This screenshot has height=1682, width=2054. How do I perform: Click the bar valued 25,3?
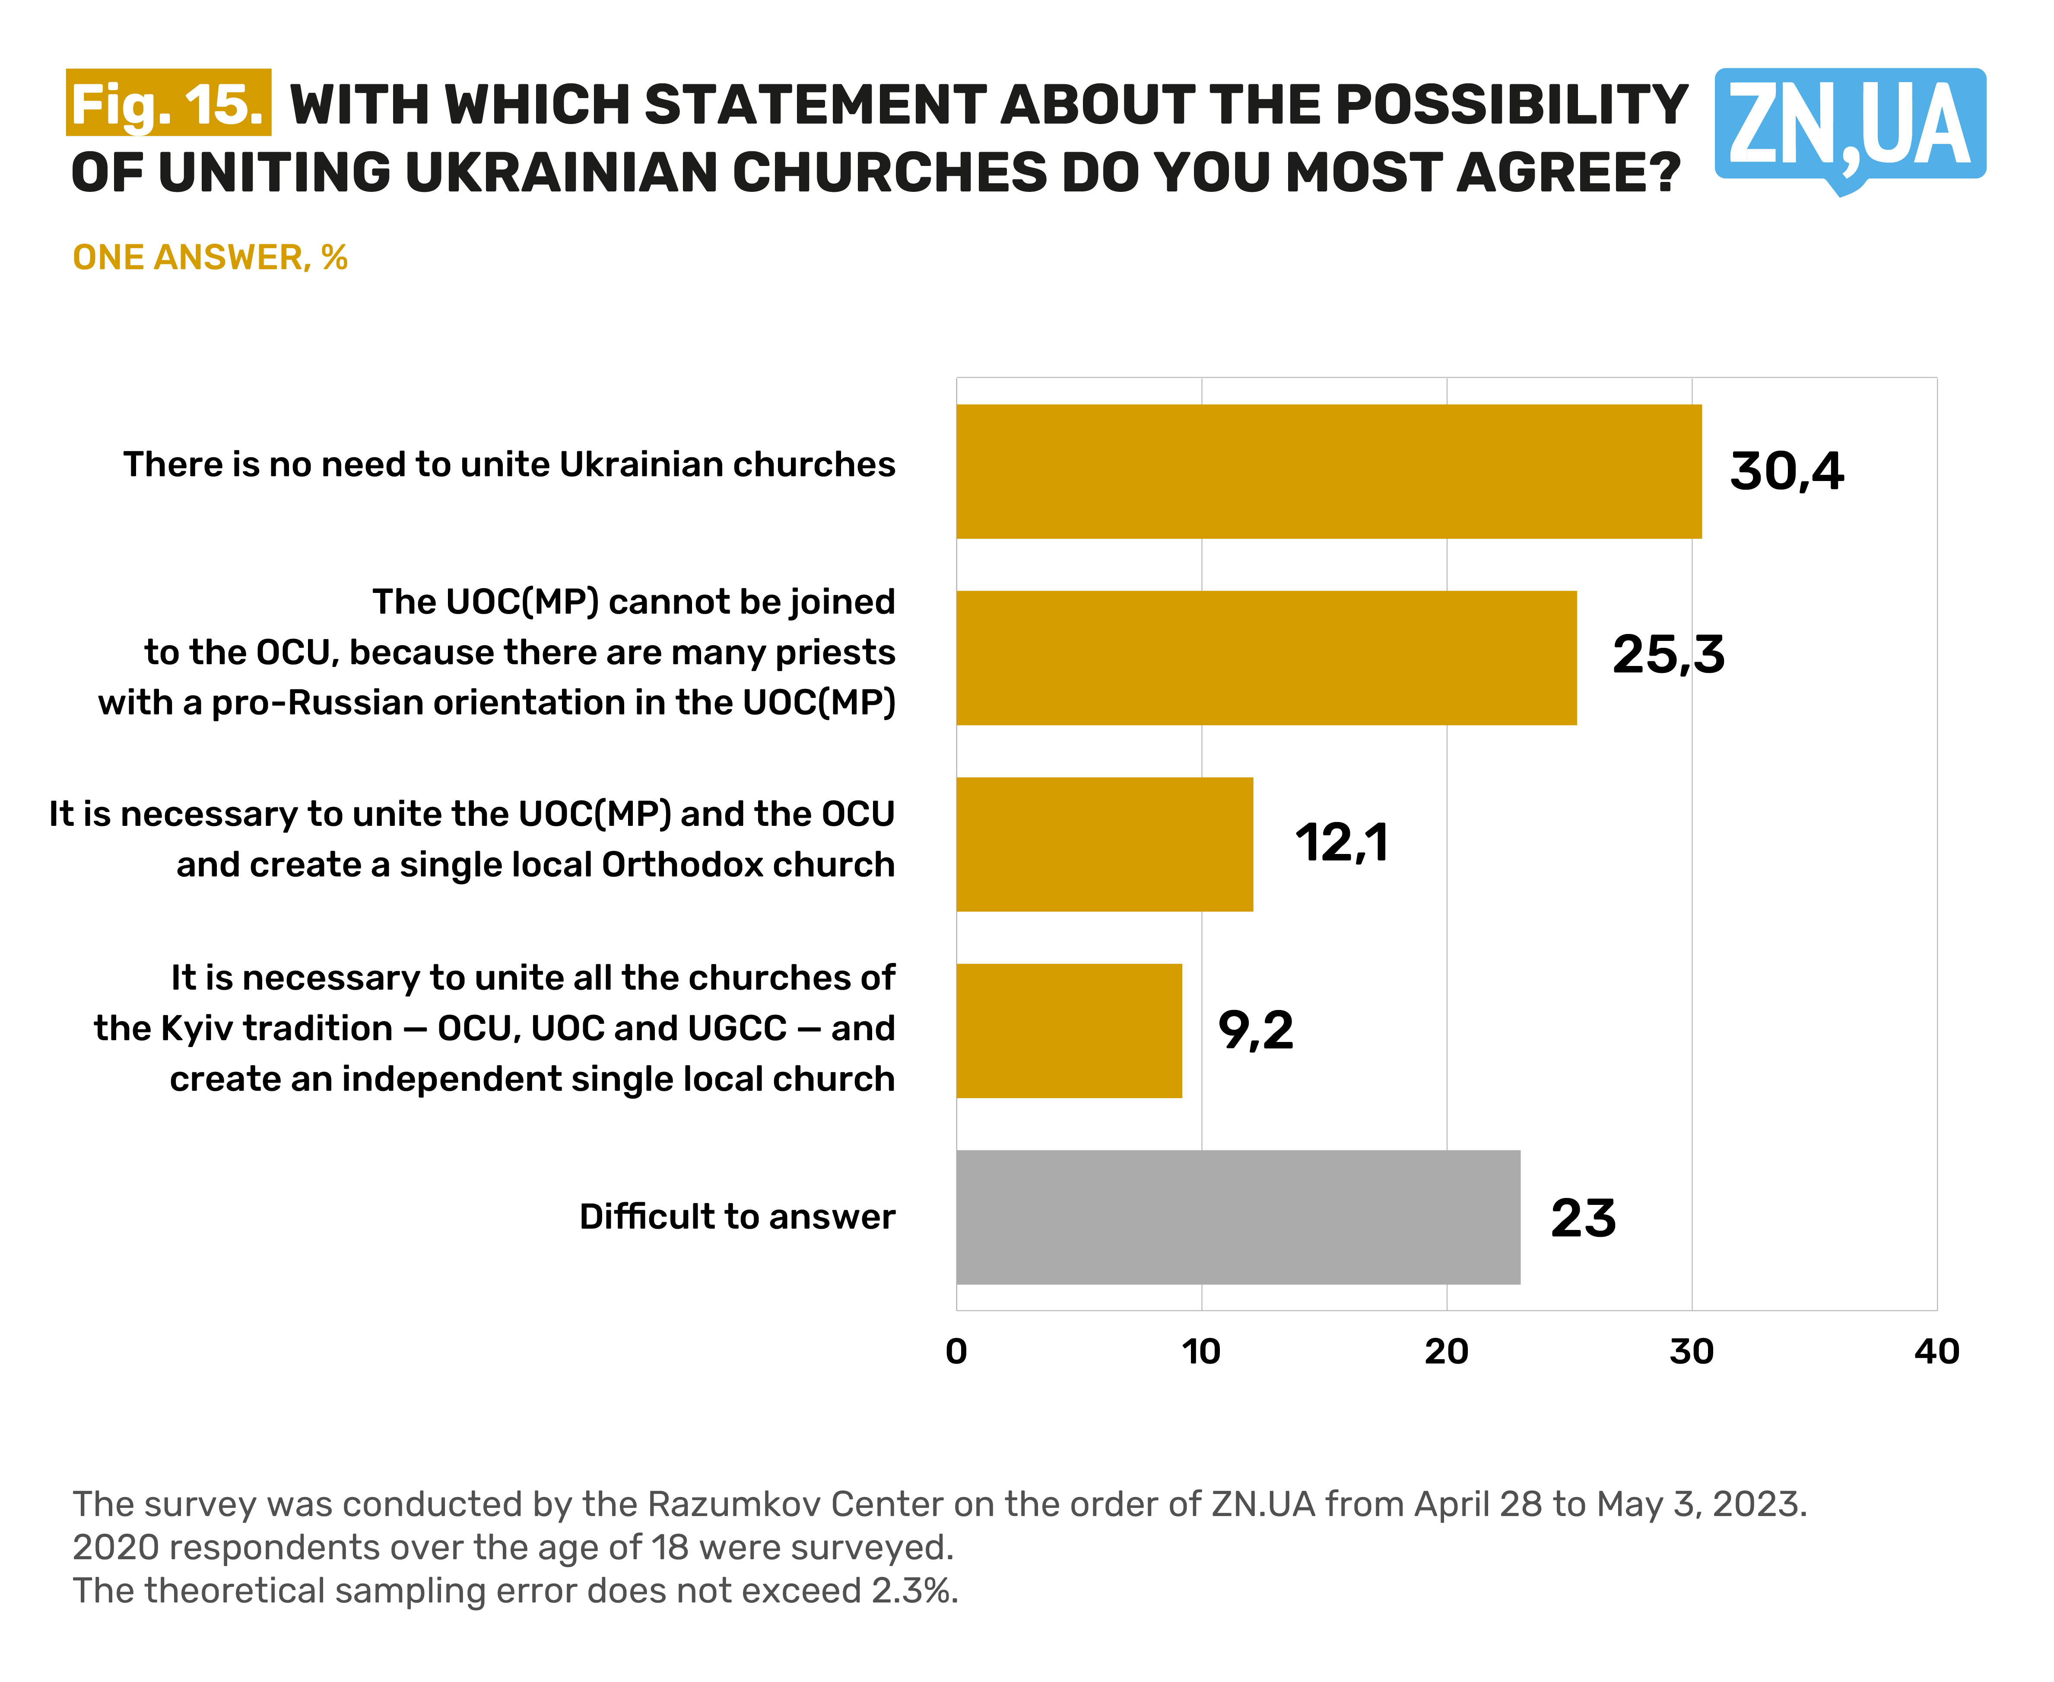click(x=1266, y=658)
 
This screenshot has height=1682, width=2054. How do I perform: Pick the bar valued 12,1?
click(x=1104, y=844)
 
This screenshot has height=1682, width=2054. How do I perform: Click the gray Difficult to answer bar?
click(x=1238, y=1217)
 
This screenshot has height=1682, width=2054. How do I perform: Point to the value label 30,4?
click(x=1787, y=472)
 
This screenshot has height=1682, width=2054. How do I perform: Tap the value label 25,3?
click(x=1667, y=655)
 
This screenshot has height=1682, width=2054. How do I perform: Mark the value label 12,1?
click(x=1341, y=842)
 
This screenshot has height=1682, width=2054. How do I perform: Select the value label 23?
click(x=1582, y=1218)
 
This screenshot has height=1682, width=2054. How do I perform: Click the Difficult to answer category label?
click(x=737, y=1217)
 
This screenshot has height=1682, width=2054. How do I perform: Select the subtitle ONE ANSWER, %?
click(x=210, y=258)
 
